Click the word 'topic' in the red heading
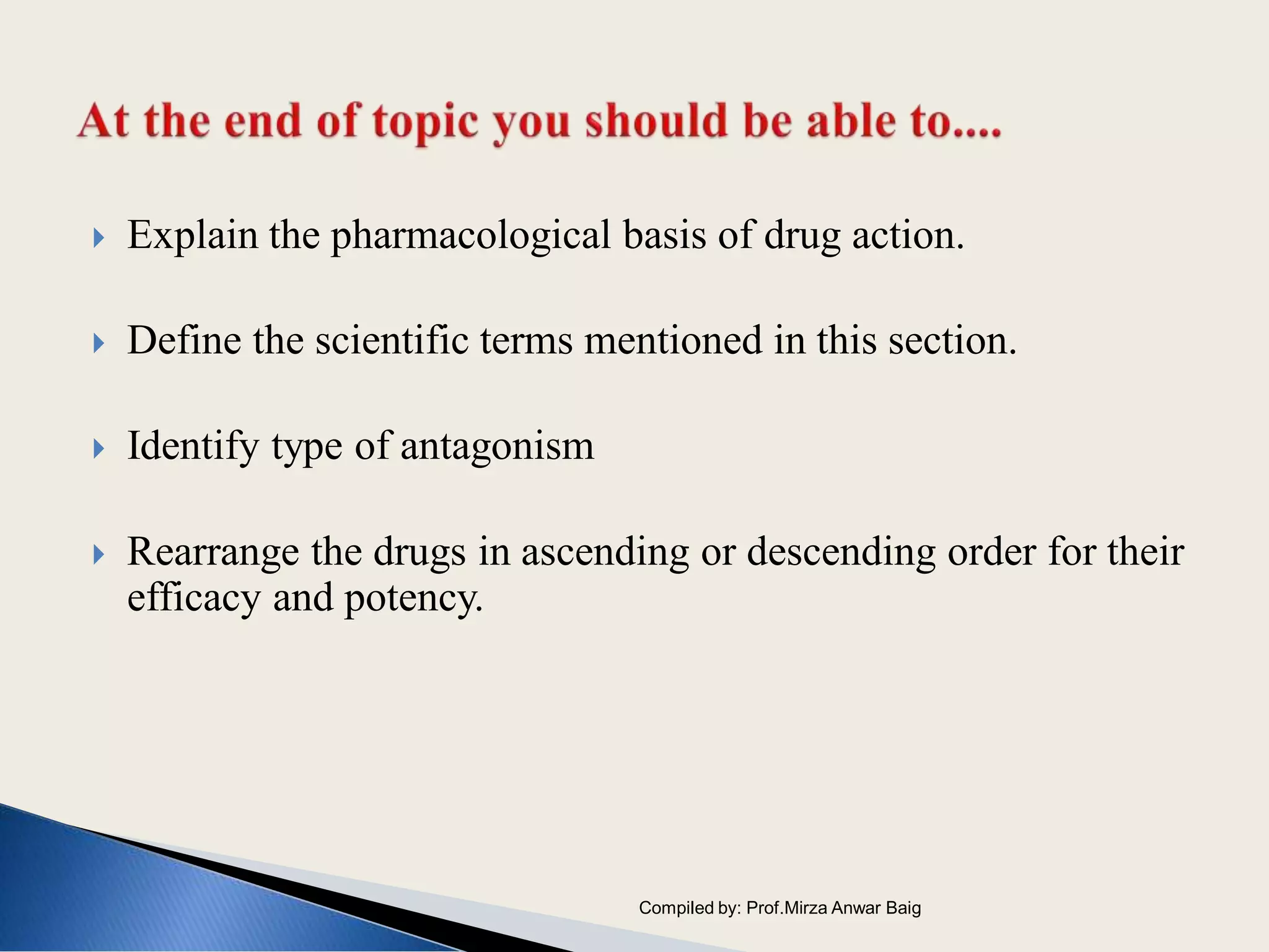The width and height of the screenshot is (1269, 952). [425, 122]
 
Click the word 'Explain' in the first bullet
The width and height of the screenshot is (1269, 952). [192, 236]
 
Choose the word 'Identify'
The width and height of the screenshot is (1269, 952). [193, 446]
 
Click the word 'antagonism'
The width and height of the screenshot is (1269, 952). [497, 447]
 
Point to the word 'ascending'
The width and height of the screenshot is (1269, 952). [605, 553]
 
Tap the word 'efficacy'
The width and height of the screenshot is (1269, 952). [194, 597]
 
